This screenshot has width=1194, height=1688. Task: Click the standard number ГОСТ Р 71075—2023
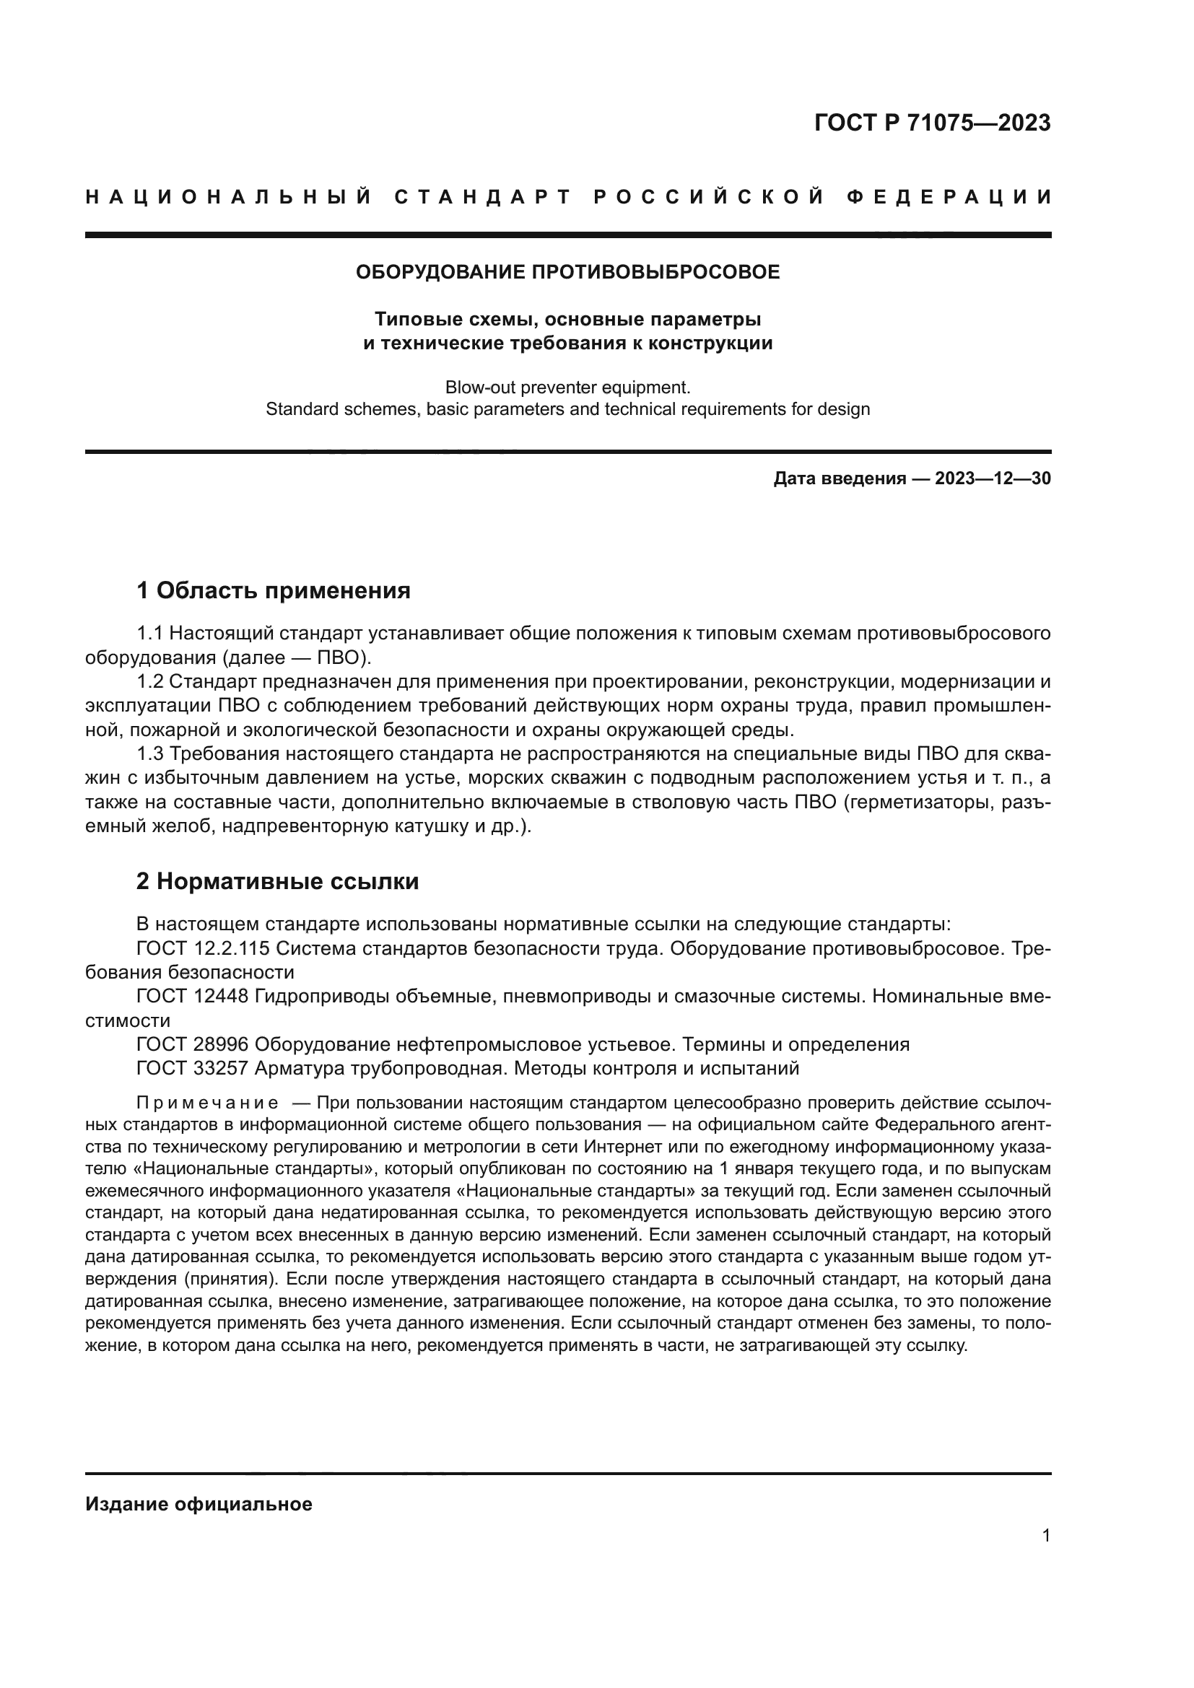click(x=931, y=123)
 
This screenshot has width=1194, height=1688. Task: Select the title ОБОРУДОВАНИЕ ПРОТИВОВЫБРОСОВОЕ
click(x=567, y=272)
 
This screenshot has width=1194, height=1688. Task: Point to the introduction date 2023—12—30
click(x=993, y=479)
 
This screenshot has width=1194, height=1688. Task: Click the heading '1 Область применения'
click(x=273, y=590)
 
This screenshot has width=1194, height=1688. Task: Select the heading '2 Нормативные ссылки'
click(x=277, y=880)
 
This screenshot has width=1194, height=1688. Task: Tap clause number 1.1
click(x=150, y=633)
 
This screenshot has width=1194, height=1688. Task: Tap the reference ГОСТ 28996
click(x=193, y=1044)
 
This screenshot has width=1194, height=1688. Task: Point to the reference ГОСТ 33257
click(x=193, y=1068)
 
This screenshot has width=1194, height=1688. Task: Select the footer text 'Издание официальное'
click(x=199, y=1504)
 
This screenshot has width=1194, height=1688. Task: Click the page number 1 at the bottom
click(x=1046, y=1536)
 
